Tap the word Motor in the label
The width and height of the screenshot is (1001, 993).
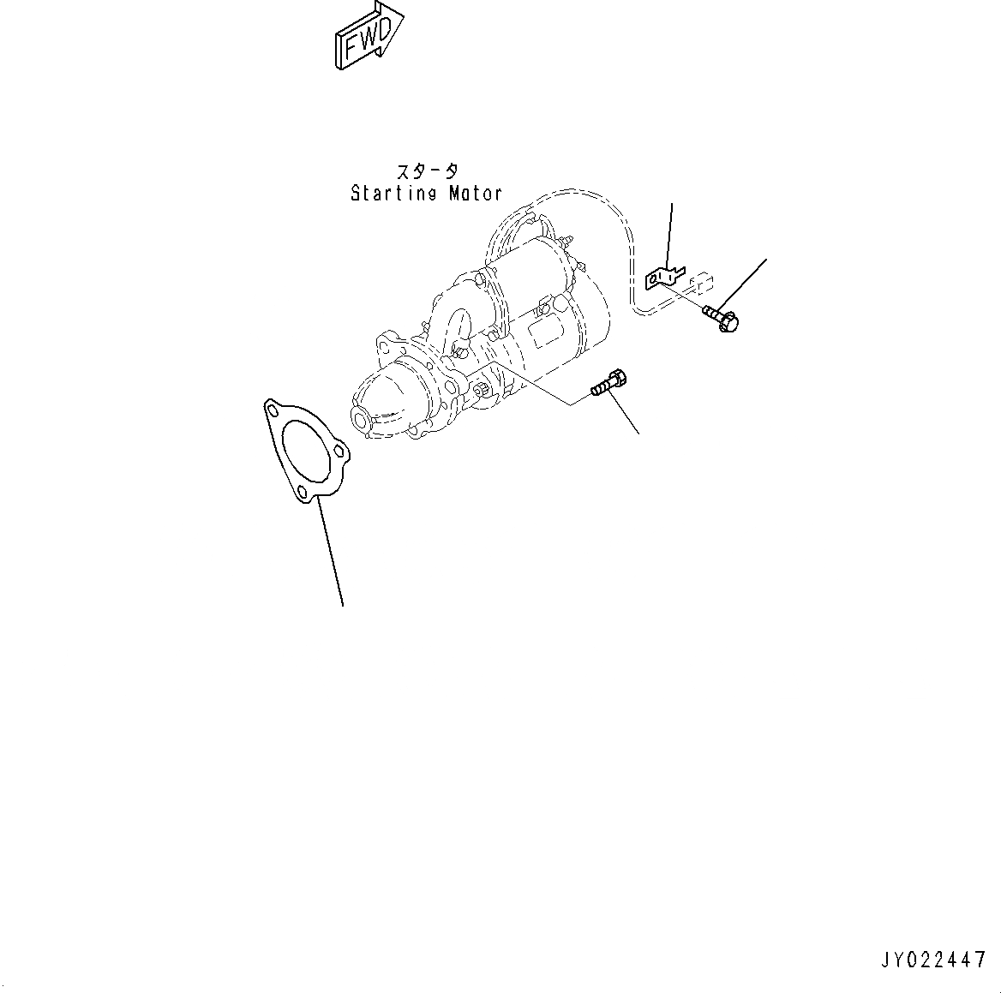tap(475, 194)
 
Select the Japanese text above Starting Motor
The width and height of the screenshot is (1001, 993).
tap(426, 171)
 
